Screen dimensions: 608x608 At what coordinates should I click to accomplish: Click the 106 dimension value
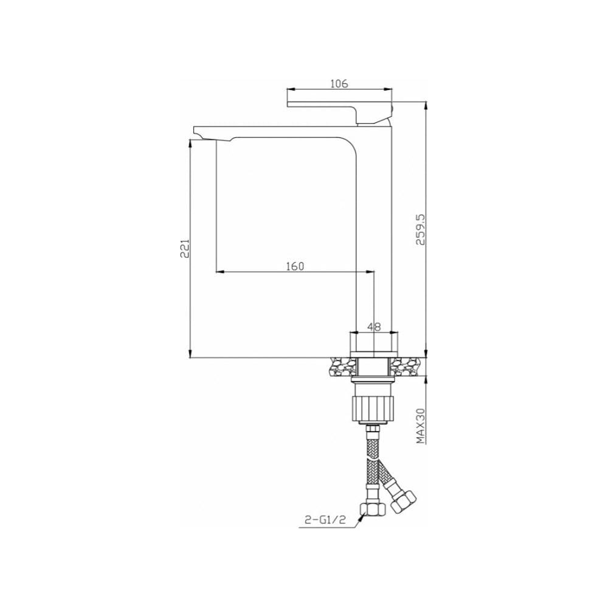(x=339, y=83)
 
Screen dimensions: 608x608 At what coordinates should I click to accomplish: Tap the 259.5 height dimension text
(x=420, y=230)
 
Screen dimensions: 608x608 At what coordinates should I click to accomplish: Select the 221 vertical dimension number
(x=184, y=249)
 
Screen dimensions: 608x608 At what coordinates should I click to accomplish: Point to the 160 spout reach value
(x=295, y=266)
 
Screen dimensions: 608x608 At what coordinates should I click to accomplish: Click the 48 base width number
(x=374, y=327)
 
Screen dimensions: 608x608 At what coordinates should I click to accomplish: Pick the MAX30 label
(x=420, y=426)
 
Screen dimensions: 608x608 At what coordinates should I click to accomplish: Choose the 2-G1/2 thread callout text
(x=325, y=520)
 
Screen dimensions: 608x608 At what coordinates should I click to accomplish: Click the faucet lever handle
(x=340, y=112)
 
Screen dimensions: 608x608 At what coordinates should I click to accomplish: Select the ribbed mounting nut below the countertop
(x=374, y=409)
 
